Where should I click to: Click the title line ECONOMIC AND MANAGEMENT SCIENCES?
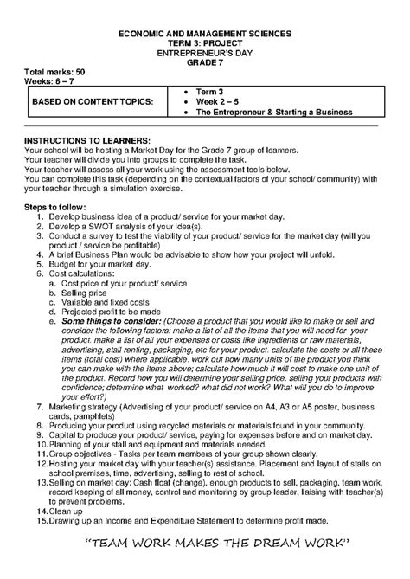[x=204, y=32]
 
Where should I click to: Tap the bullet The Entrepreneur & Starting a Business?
[x=273, y=112]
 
